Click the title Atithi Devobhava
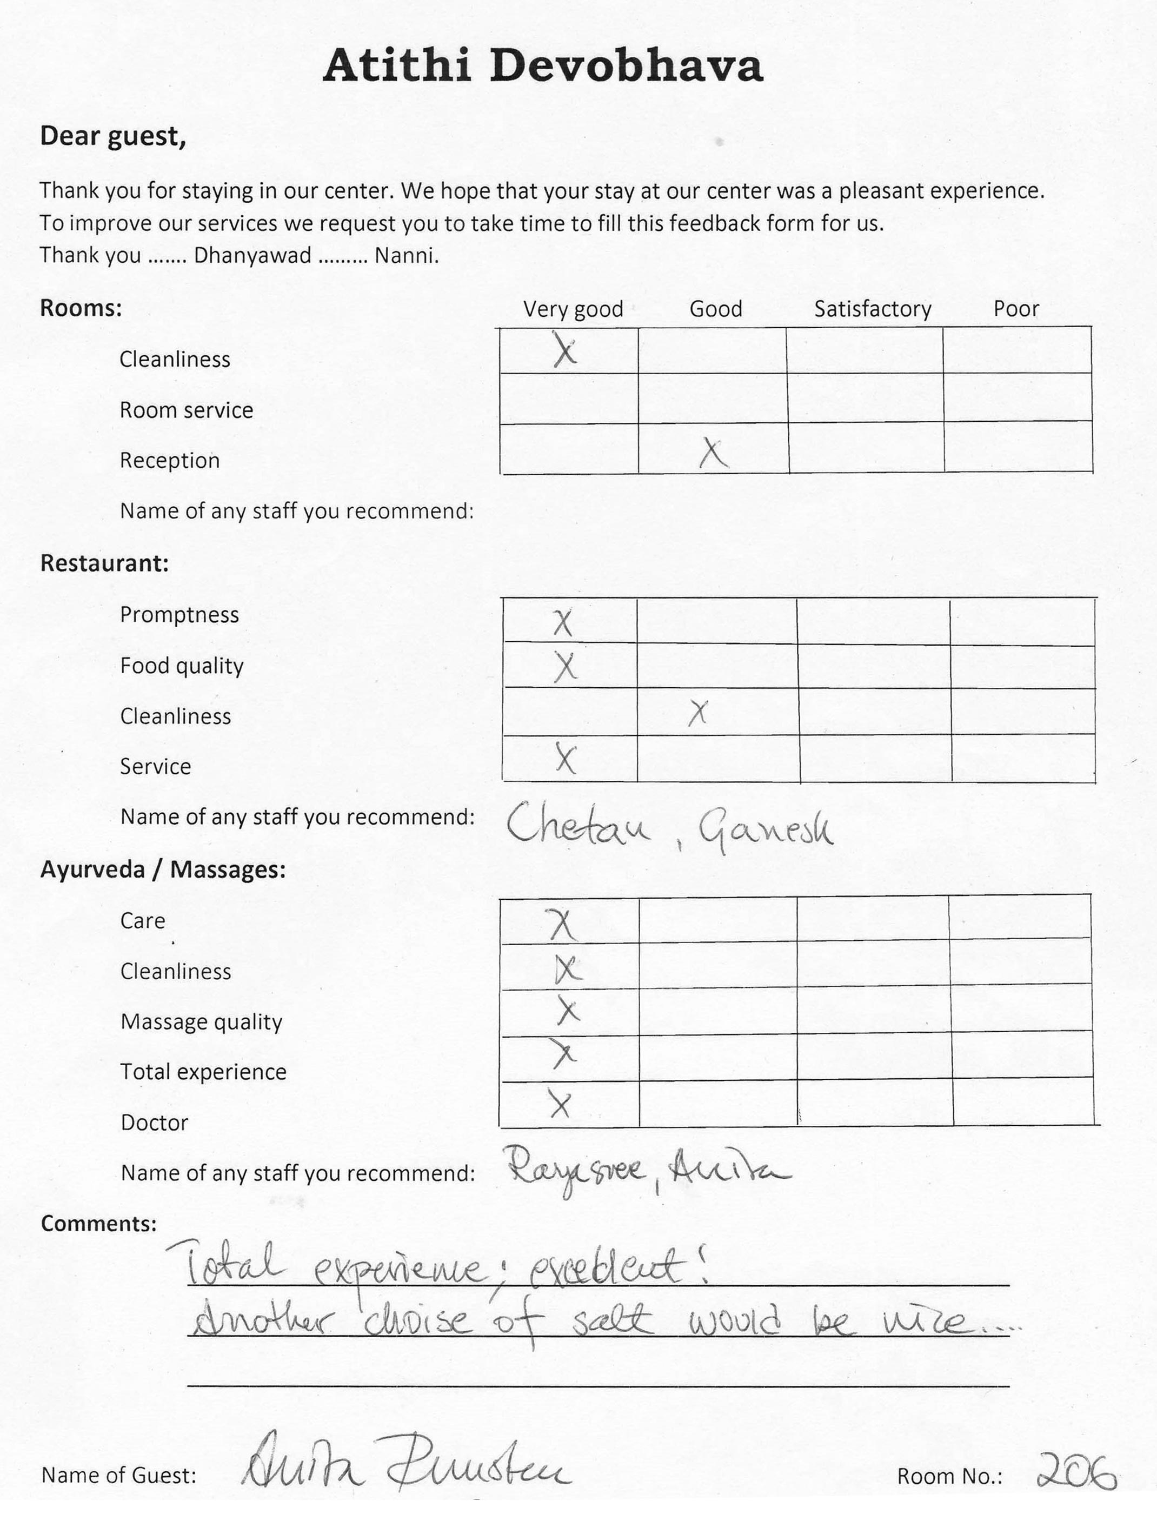point(543,66)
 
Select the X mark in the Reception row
point(714,453)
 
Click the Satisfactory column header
point(873,309)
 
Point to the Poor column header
point(1016,309)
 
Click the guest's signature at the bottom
point(407,1467)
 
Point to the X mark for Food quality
point(565,667)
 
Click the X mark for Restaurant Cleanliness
point(697,713)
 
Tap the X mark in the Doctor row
point(561,1104)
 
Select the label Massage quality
point(201,1021)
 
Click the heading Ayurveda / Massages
point(163,869)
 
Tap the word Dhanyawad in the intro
point(252,256)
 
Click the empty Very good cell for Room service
point(569,398)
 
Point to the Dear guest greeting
point(113,136)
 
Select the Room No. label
point(949,1476)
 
